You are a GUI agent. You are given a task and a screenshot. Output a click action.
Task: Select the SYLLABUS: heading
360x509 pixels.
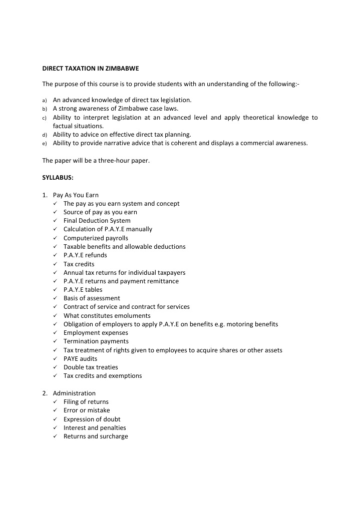click(x=58, y=178)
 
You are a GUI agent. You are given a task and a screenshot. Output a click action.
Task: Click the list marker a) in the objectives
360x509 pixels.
click(x=44, y=100)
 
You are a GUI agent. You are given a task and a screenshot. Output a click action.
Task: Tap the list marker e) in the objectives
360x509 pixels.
click(x=44, y=143)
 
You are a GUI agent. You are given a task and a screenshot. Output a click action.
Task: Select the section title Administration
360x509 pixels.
click(x=74, y=393)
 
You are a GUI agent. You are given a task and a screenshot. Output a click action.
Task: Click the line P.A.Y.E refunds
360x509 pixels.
click(x=85, y=255)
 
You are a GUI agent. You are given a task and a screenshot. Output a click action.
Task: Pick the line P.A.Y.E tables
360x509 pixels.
click(x=83, y=290)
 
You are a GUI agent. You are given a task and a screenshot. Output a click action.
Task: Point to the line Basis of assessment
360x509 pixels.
click(x=92, y=298)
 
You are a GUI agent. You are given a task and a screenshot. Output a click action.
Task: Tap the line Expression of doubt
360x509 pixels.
click(x=92, y=419)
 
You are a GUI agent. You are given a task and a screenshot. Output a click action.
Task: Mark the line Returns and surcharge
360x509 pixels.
click(x=96, y=436)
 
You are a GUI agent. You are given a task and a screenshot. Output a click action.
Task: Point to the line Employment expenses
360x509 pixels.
click(x=96, y=333)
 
